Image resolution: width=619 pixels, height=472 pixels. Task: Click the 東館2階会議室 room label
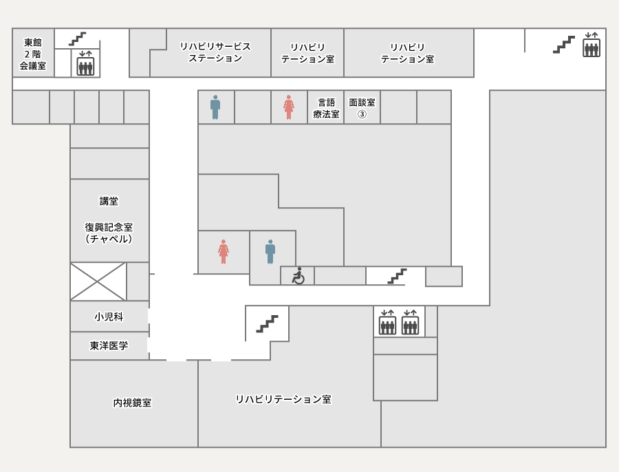coord(33,54)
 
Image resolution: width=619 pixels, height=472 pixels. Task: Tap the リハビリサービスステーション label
coord(215,52)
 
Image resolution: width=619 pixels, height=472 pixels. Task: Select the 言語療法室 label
coord(326,108)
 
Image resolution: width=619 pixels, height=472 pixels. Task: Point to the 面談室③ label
coord(362,108)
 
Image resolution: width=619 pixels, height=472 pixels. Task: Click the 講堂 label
coord(109,201)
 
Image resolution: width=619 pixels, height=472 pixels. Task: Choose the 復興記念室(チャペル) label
coord(109,233)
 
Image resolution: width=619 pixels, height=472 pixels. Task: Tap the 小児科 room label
coord(109,317)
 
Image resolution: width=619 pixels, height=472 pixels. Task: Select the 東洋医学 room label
coord(109,345)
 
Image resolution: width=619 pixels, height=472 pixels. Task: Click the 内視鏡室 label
coord(132,403)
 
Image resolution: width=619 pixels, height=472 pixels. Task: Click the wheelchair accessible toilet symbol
coord(298,276)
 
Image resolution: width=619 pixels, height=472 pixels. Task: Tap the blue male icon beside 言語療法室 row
coord(215,107)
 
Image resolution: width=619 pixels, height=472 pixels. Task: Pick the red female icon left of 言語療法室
coord(289,107)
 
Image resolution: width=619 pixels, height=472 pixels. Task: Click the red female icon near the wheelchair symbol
coord(224,252)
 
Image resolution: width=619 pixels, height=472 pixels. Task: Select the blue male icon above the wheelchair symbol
coord(270,252)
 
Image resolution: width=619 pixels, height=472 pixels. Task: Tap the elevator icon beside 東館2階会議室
coord(85,63)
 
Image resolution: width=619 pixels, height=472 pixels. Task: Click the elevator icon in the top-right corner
coord(591,45)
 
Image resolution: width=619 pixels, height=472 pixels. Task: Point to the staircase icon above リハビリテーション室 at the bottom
coord(268,324)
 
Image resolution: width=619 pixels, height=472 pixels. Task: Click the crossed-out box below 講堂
coord(98,281)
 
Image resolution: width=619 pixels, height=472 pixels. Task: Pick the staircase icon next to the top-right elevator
coord(564,44)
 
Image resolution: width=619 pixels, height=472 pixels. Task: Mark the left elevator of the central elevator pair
coord(387,322)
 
